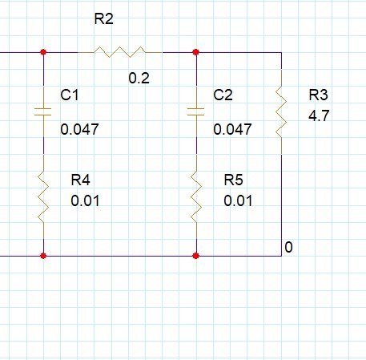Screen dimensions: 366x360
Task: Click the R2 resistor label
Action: point(104,18)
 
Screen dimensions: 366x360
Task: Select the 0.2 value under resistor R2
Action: point(139,78)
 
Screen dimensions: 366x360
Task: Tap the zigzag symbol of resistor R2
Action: point(119,52)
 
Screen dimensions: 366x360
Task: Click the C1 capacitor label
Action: point(70,95)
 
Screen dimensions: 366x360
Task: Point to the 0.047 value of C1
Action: point(79,129)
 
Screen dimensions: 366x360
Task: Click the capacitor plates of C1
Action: point(43,111)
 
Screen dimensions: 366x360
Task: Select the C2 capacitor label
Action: point(223,95)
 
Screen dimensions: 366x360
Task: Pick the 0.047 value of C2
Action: point(232,129)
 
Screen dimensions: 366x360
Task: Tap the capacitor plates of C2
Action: point(196,111)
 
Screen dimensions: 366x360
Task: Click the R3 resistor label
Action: point(319,95)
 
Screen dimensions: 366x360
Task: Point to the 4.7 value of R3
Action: point(319,116)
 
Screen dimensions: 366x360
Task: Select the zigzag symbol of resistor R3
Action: point(281,111)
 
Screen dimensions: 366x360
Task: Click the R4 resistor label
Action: point(81,180)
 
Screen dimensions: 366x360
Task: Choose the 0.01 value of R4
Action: point(86,200)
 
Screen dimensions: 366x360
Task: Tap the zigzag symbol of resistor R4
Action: point(43,197)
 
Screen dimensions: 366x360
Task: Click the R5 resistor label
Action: point(234,180)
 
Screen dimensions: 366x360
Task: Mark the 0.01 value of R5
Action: point(238,200)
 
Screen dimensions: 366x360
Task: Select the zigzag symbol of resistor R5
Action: point(196,197)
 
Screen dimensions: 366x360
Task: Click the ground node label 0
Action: point(288,247)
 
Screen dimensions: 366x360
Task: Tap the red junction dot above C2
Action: point(195,52)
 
